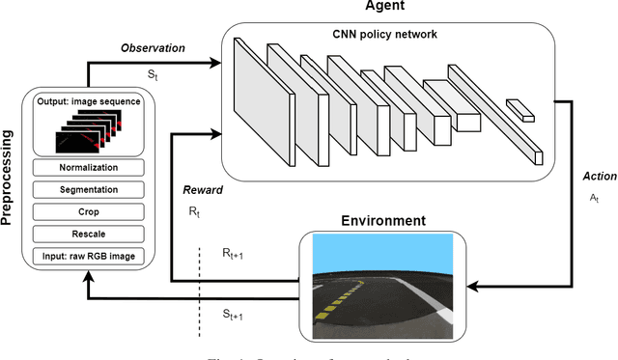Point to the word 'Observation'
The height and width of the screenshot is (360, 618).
pos(154,47)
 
